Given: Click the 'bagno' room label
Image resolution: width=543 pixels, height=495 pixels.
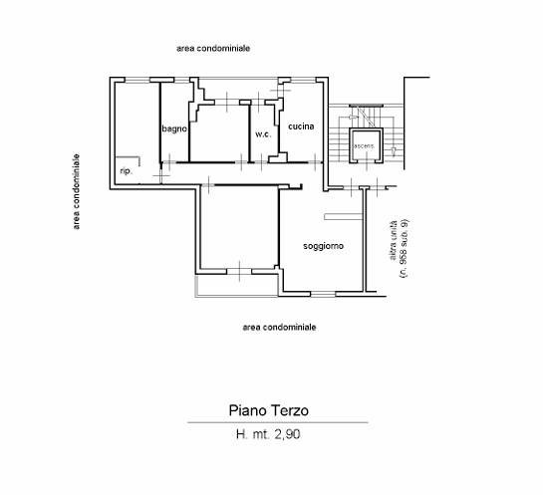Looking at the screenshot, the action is click(174, 128).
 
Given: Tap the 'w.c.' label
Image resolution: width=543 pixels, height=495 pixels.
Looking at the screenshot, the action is click(263, 134).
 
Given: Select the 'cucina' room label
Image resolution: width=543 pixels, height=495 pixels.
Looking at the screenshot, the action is click(301, 126).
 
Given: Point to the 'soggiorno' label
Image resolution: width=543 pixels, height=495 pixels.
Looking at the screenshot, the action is click(323, 246).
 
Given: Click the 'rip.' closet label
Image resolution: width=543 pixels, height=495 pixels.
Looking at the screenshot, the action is click(127, 171).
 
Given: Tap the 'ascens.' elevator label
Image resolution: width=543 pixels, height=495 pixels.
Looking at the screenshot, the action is click(364, 146).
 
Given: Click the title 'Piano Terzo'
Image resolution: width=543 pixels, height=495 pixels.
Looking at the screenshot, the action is click(269, 410).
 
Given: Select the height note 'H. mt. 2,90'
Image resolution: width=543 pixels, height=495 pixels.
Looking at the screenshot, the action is click(268, 434).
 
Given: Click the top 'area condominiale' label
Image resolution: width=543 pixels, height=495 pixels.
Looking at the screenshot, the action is click(213, 48).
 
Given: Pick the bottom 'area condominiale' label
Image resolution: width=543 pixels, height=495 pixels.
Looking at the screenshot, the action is click(279, 327).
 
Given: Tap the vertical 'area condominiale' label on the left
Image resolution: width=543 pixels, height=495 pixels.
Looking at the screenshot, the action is click(76, 191).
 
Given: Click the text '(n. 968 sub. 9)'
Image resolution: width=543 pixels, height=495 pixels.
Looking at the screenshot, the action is click(404, 248).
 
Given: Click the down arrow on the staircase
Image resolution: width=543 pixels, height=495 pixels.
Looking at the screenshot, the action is click(394, 151).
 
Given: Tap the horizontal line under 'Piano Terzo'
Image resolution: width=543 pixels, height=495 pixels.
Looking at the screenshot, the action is click(278, 422).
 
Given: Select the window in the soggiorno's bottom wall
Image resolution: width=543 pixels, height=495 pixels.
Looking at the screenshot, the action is click(323, 294).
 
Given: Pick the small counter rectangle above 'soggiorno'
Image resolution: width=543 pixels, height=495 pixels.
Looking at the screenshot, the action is click(343, 217).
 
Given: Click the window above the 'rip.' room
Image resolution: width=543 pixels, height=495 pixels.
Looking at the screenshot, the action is click(137, 80).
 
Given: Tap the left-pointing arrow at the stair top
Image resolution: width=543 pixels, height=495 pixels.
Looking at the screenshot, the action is click(353, 118).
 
